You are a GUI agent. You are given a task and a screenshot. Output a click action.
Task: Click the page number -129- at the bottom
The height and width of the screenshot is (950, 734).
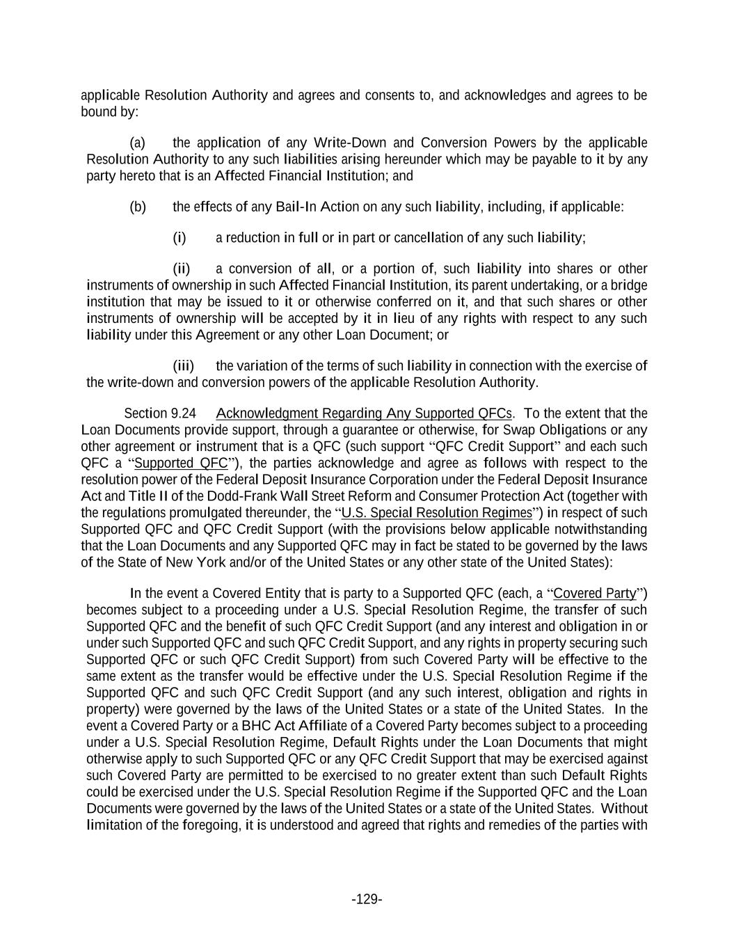pos(367,899)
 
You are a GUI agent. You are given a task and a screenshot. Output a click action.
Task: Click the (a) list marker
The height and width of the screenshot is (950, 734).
pos(137,143)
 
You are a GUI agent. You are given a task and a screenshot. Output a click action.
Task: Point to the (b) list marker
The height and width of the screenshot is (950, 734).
pos(137,207)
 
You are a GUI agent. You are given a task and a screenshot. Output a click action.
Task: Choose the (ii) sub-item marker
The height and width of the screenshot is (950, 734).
pos(182,269)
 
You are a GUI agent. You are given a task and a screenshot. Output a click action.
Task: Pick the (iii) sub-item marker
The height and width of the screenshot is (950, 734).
pos(183,366)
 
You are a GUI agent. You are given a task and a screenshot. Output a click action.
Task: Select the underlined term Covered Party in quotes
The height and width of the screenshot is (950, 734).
pos(595,594)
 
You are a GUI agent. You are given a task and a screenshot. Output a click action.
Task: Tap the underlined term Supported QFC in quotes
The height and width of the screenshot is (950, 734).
pos(181,464)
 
